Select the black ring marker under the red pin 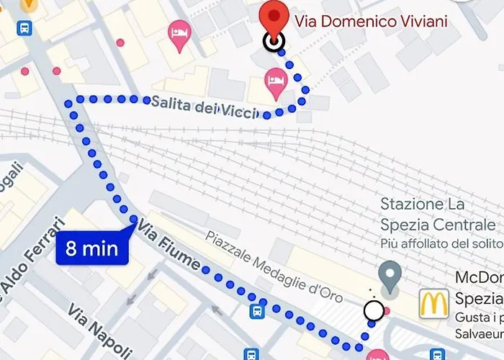coord(272,42)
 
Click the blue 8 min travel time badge coord(92,249)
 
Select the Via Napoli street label coord(96,330)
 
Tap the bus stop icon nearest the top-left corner coord(24,29)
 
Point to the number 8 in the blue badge coord(71,249)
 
